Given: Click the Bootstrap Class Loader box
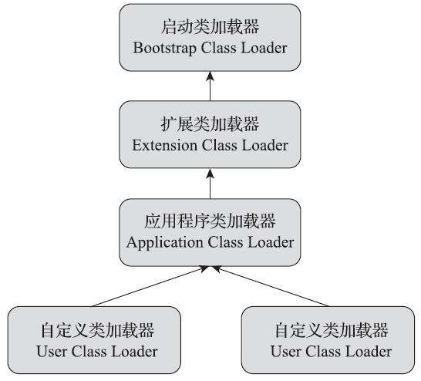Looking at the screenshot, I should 210,38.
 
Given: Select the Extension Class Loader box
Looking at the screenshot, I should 210,134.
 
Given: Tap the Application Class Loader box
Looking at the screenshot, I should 210,231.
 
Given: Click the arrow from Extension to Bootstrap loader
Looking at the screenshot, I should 210,86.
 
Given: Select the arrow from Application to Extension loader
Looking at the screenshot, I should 210,183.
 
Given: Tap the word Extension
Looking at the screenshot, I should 164,145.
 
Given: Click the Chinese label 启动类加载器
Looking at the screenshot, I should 210,27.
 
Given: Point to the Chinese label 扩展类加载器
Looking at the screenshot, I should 210,124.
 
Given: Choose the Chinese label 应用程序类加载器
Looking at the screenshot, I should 210,221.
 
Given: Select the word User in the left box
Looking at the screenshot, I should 51,352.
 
